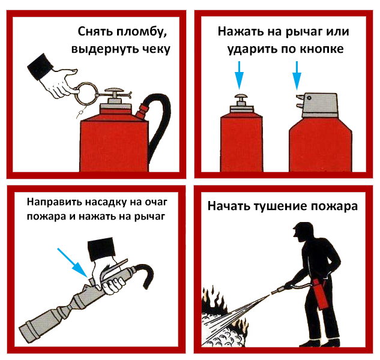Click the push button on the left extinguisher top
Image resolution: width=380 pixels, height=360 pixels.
click(241, 97)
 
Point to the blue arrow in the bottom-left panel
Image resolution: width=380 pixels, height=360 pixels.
click(73, 263)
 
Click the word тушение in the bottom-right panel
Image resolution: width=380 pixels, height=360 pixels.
click(285, 206)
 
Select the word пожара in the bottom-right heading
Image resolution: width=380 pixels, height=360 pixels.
click(337, 206)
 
